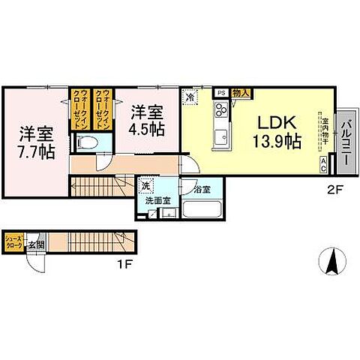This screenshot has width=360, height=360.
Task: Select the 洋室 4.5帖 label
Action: click(147, 120)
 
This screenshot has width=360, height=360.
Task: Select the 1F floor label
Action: click(124, 264)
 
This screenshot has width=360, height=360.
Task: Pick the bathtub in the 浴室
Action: click(201, 211)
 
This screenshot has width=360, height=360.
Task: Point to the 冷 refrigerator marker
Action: click(190, 97)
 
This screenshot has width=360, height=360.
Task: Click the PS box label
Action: click(220, 93)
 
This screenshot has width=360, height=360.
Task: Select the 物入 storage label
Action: click(241, 93)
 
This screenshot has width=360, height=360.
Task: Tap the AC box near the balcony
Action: click(324, 161)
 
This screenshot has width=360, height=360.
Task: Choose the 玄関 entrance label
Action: click(34, 244)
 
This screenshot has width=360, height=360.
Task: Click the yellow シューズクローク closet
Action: click(15, 242)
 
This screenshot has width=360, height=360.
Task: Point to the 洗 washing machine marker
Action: click(145, 185)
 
